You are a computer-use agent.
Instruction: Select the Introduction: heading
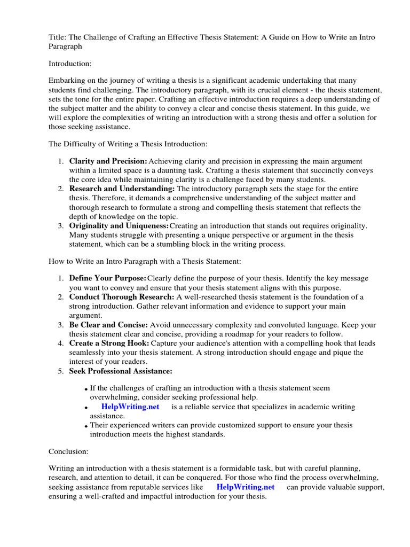point(70,64)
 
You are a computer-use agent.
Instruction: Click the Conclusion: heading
point(68,451)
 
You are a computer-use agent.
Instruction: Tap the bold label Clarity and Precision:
point(108,161)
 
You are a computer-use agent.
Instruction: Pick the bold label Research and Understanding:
point(122,189)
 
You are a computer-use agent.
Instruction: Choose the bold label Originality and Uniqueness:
point(119,226)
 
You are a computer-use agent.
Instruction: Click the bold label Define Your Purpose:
point(107,278)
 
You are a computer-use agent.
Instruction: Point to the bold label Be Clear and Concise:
point(108,325)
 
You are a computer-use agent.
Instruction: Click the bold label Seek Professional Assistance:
point(121,371)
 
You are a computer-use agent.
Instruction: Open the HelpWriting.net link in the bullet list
point(130,407)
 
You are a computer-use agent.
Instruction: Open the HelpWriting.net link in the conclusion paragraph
point(246,487)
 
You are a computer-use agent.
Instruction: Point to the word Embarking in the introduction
point(68,80)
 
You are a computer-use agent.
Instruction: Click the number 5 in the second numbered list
point(60,371)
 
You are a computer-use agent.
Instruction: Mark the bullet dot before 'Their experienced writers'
point(86,426)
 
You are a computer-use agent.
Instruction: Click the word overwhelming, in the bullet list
point(115,397)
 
